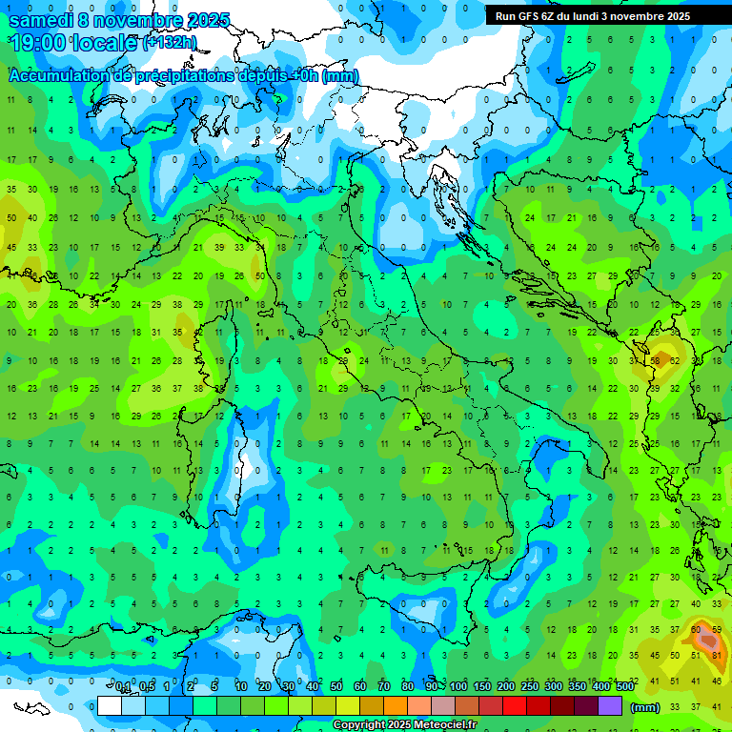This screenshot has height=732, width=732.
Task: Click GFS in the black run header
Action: click(x=530, y=16)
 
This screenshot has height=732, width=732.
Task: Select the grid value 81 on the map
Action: click(x=718, y=655)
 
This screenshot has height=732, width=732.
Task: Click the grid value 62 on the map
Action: click(x=675, y=361)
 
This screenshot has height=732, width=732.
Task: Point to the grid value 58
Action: click(x=656, y=361)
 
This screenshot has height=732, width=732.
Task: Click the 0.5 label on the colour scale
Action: click(x=147, y=687)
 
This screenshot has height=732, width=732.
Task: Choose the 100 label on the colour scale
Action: click(x=458, y=687)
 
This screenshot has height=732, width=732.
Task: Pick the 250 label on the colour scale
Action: click(x=530, y=687)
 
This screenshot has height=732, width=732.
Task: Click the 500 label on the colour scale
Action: click(x=624, y=687)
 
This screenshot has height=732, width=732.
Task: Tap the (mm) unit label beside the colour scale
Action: click(x=645, y=707)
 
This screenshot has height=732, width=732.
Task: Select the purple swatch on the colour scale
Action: click(x=610, y=706)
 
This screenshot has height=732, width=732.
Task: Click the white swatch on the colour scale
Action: click(x=110, y=706)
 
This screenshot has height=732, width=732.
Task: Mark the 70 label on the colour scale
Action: click(x=384, y=687)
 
